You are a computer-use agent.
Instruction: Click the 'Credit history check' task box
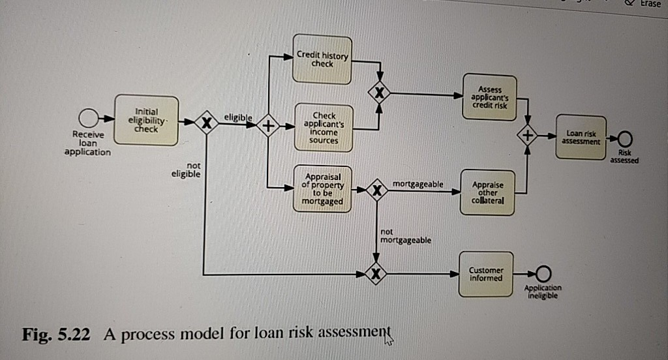[322, 59]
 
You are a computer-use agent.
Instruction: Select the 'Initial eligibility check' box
[146, 120]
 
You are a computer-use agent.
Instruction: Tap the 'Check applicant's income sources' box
[324, 128]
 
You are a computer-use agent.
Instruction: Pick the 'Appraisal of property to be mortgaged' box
[322, 189]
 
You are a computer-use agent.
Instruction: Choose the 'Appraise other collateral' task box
[487, 192]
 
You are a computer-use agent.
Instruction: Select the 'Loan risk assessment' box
[581, 136]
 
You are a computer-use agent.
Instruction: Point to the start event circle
[88, 119]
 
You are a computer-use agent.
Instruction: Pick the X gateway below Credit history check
[379, 93]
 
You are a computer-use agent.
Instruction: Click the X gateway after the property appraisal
[376, 190]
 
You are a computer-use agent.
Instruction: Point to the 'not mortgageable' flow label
[405, 236]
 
